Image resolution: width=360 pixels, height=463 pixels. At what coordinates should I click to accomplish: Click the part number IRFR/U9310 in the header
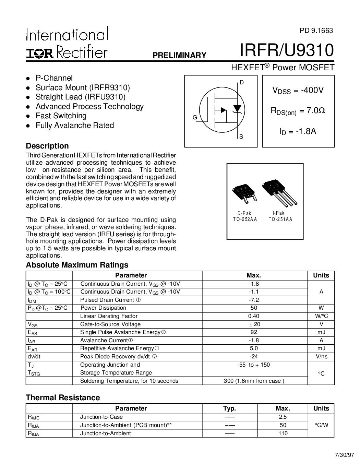(287, 50)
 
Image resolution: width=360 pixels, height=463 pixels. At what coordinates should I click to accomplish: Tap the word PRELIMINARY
(179, 55)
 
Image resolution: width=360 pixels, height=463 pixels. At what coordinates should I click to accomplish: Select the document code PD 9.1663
(316, 30)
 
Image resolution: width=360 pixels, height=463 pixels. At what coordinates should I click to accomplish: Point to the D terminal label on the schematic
(241, 82)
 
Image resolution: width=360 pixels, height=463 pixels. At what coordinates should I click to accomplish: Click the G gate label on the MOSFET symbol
(195, 118)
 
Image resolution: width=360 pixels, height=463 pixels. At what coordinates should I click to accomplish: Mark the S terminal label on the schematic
(241, 137)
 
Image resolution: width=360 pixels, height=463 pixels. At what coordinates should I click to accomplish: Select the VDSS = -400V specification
(298, 91)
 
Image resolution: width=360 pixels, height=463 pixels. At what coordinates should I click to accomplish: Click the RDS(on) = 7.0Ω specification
(298, 111)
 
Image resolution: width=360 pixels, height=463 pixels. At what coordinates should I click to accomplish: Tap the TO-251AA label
(280, 219)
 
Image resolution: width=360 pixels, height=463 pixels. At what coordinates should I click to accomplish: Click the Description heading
(47, 146)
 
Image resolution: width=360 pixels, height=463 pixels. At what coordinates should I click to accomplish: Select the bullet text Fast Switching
(61, 116)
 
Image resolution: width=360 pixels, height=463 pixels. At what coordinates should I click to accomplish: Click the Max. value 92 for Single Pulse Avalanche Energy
(254, 332)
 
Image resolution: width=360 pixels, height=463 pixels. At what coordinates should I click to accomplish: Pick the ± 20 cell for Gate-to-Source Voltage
(254, 324)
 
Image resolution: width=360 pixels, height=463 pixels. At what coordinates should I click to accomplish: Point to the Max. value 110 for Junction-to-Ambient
(283, 433)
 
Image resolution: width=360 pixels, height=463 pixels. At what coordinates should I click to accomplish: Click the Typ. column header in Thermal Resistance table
(229, 408)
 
